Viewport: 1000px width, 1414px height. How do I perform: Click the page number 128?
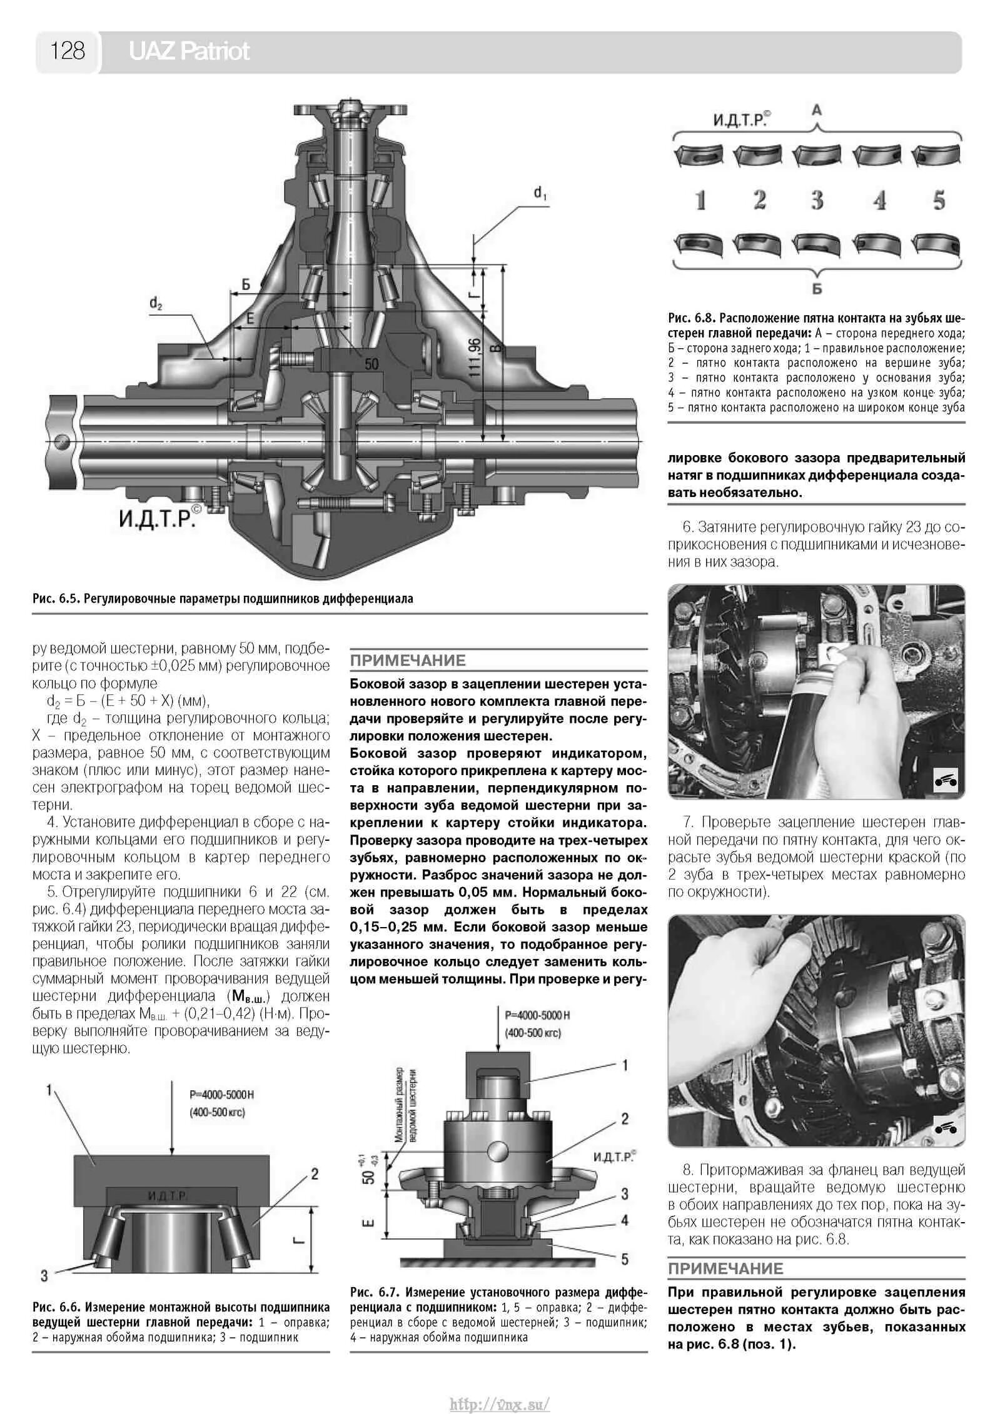pyautogui.click(x=68, y=51)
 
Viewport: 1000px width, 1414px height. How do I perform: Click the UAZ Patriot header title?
pyautogui.click(x=189, y=51)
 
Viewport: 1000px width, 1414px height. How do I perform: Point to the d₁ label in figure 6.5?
pyautogui.click(x=540, y=194)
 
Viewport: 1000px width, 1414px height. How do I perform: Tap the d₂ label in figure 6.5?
pyautogui.click(x=156, y=304)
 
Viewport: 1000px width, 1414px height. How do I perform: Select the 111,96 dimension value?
pyautogui.click(x=475, y=357)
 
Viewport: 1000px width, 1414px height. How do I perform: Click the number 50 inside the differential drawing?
pyautogui.click(x=371, y=364)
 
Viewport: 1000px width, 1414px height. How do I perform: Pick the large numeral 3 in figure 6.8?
pyautogui.click(x=817, y=201)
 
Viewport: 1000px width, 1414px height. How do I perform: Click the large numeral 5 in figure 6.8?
pyautogui.click(x=939, y=201)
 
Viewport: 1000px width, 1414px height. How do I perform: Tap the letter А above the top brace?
pyautogui.click(x=816, y=111)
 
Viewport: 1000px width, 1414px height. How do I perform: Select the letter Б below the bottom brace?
pyautogui.click(x=817, y=289)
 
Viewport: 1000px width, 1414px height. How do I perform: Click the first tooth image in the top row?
pyautogui.click(x=699, y=155)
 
